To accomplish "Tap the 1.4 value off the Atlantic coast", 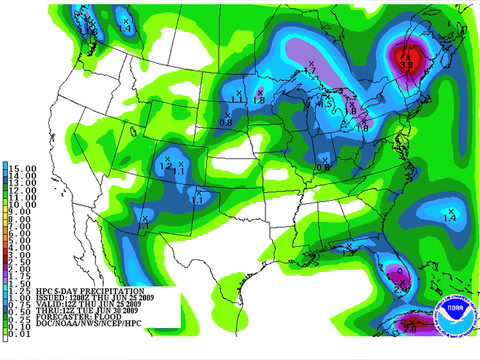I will click(449, 217).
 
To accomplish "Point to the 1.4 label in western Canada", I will click(126, 28).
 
